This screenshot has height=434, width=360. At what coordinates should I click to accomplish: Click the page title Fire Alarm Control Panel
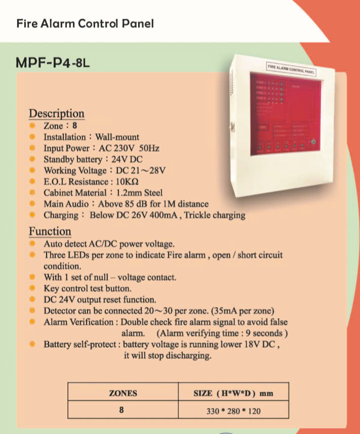tap(85, 23)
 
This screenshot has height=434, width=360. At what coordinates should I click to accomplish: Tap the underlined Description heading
tap(57, 113)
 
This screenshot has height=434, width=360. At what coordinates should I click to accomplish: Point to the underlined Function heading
tap(50, 231)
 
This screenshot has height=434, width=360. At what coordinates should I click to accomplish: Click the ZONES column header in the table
tap(123, 392)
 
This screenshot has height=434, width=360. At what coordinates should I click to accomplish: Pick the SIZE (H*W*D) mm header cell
tap(233, 392)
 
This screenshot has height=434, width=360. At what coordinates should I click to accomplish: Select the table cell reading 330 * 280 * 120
tap(233, 411)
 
